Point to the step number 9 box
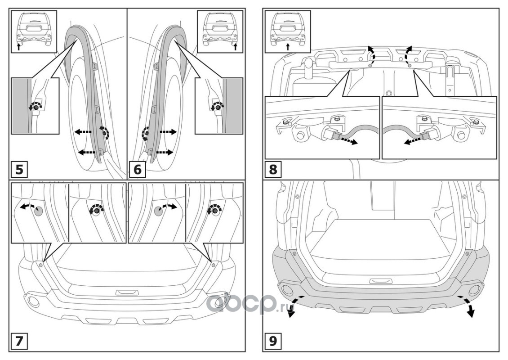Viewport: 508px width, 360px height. tap(273, 341)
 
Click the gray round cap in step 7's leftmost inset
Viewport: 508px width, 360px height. tap(39, 210)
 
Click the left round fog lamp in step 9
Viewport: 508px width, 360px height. tap(286, 288)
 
